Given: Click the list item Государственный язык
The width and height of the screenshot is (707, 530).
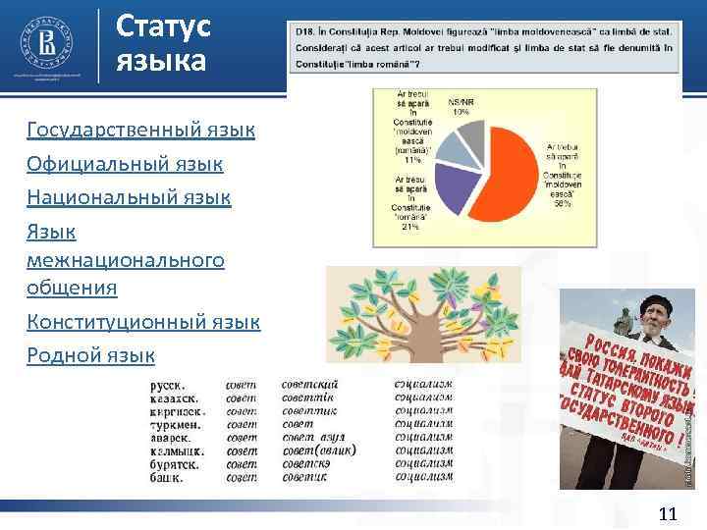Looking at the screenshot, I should pos(141,130).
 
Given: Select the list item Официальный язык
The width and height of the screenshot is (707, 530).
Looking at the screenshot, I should pos(125,163).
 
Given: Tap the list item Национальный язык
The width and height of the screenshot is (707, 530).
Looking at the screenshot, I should pos(129,197).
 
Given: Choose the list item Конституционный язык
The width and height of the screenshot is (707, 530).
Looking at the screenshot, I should pos(143,321).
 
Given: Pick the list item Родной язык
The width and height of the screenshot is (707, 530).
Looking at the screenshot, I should pos(91,354).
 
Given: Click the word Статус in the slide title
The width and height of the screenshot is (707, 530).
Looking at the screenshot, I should pos(163,26).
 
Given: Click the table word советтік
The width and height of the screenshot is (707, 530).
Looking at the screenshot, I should pos(308,399).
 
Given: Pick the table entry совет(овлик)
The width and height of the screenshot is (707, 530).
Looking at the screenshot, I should pos(318,450).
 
